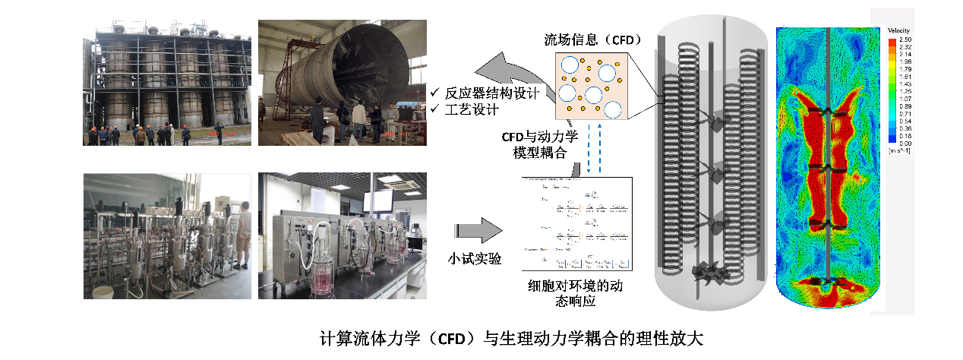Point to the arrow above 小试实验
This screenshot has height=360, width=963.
click(x=478, y=229)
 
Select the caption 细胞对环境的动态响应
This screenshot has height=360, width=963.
click(x=579, y=293)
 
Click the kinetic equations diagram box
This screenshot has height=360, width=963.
click(x=577, y=223)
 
